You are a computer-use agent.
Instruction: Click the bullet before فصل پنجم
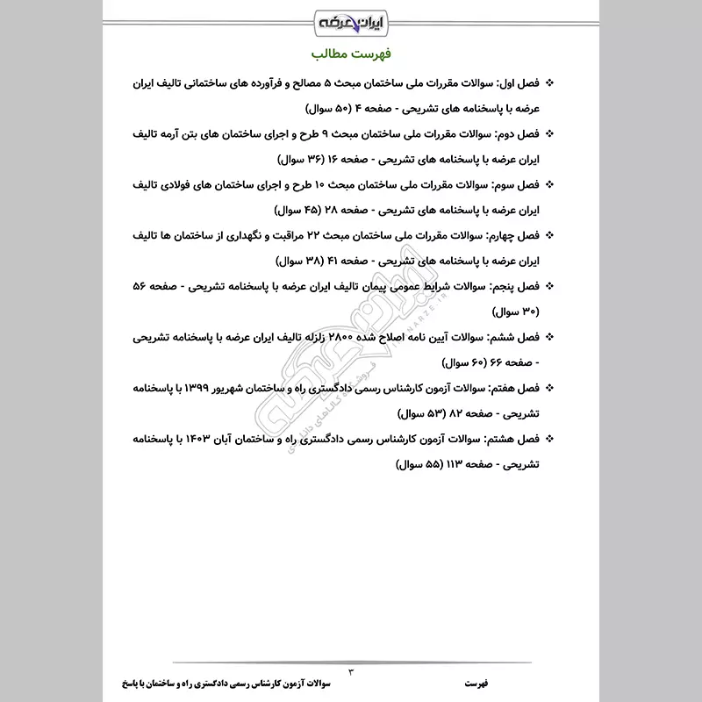[x=550, y=287]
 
